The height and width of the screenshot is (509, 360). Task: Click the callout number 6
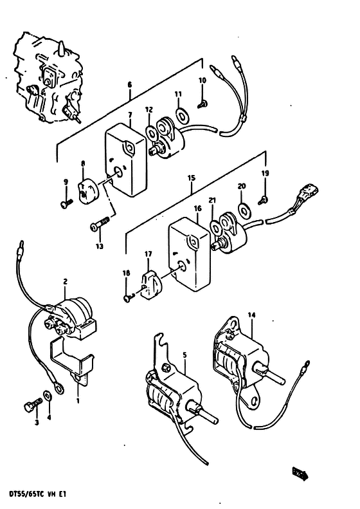coord(130,85)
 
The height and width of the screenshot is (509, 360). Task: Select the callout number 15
coord(192,178)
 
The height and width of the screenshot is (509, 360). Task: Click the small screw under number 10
coord(203,104)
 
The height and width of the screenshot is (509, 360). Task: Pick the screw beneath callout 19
coord(263,200)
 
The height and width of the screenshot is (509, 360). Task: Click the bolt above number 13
coord(100,224)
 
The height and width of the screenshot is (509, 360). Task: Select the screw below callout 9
coord(66,203)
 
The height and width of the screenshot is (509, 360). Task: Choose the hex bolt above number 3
coord(32,404)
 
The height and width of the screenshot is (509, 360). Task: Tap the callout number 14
coord(251,315)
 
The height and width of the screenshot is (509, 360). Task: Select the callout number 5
coord(184,355)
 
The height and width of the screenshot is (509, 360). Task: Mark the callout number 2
coord(65,281)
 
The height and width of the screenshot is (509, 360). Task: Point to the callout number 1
coord(78,401)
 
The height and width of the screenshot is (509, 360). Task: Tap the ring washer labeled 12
coord(150,133)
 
